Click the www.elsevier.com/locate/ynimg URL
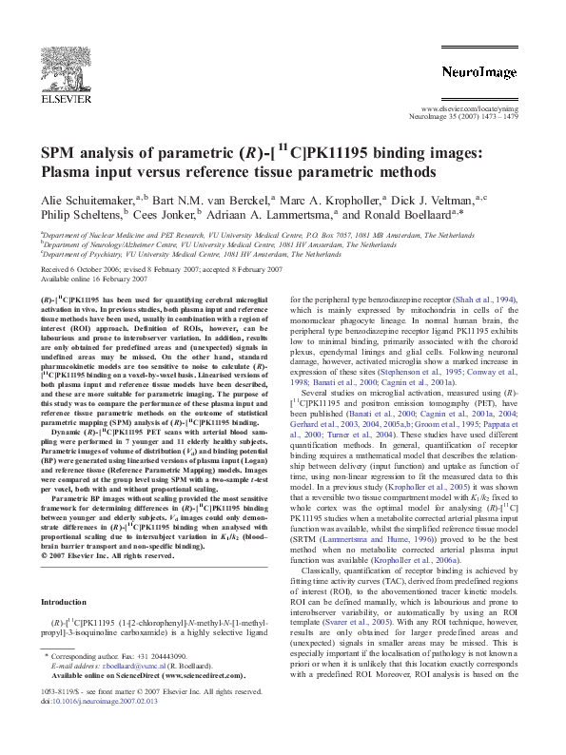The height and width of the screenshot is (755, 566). click(x=478, y=109)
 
